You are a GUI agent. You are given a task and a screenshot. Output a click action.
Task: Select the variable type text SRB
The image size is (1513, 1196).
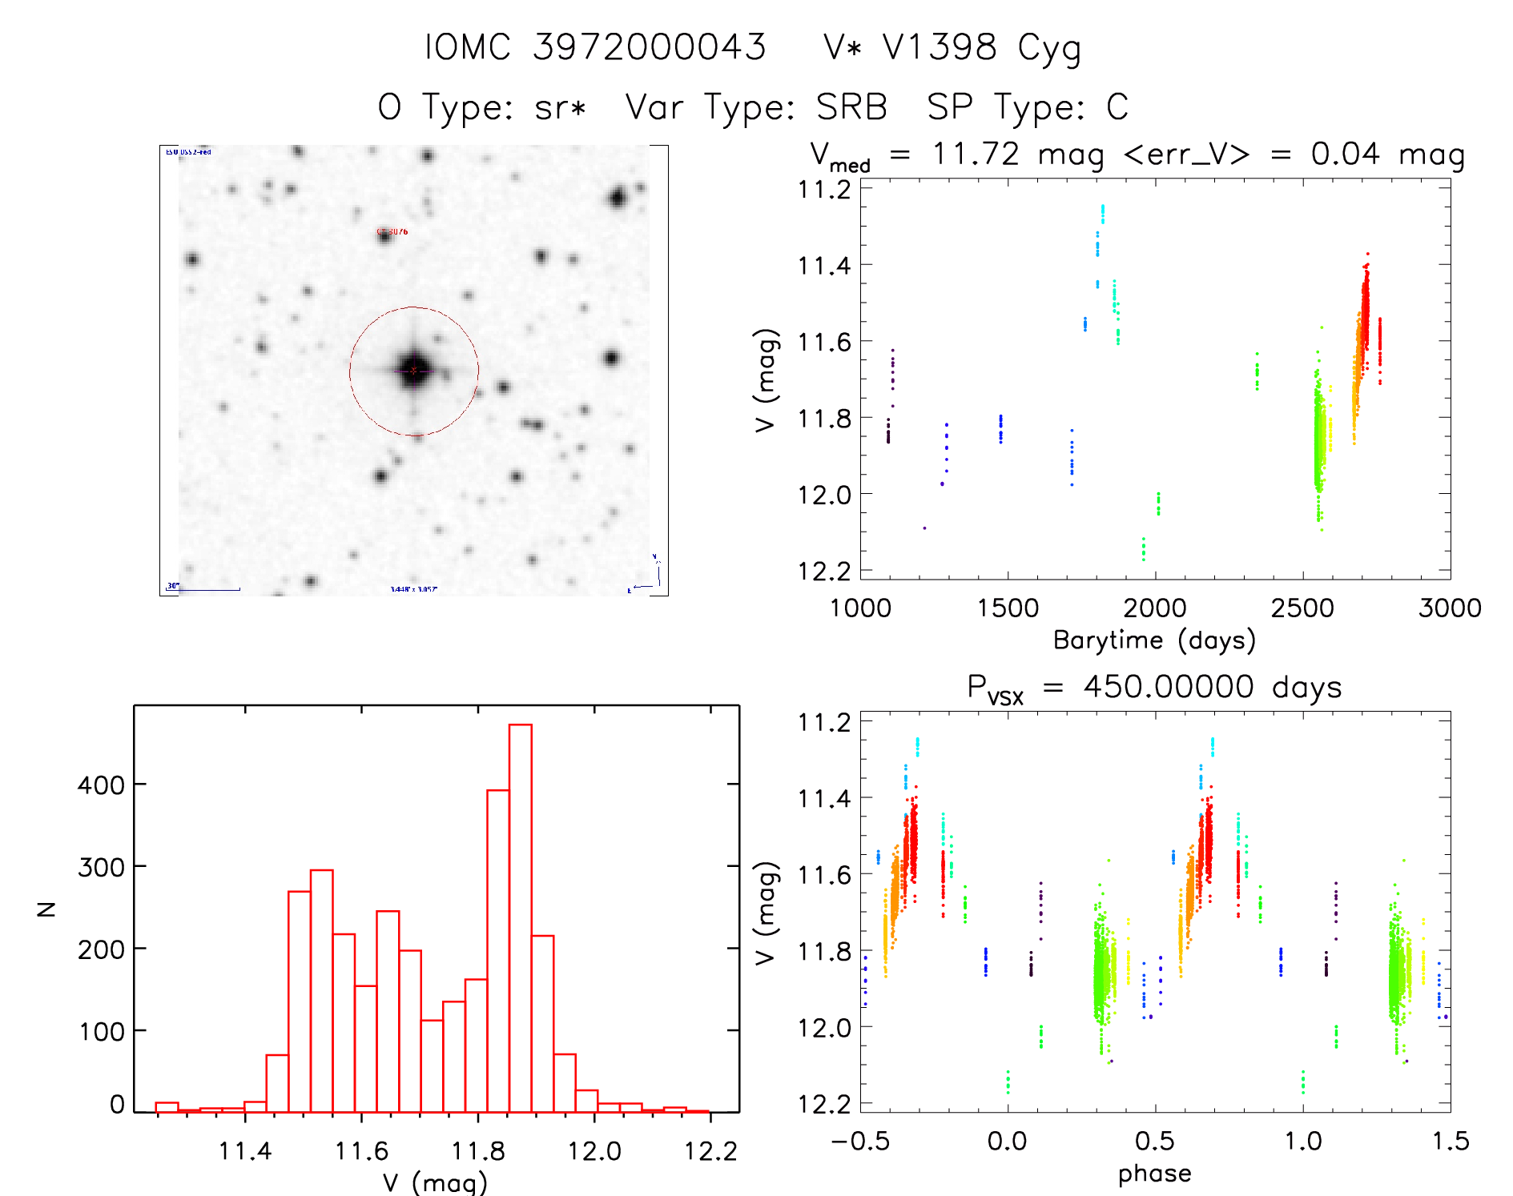[851, 106]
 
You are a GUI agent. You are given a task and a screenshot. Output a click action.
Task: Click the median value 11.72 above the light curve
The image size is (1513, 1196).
[976, 154]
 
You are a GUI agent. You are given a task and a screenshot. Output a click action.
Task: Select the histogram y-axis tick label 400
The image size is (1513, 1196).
[100, 785]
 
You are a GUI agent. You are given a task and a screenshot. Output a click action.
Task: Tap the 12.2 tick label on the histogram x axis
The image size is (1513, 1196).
[710, 1151]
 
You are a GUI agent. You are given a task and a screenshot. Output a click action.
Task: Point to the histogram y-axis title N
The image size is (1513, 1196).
[46, 909]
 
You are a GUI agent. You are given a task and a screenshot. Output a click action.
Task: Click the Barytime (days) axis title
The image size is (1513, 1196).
[1154, 640]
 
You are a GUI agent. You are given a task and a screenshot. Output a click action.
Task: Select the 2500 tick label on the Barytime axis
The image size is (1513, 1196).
[1302, 608]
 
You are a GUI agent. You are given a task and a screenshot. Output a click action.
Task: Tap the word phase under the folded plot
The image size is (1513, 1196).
[1154, 1174]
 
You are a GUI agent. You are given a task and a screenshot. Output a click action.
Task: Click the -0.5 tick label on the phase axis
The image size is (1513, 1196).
[860, 1141]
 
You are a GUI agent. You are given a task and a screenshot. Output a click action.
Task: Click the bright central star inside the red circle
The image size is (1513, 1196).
[414, 370]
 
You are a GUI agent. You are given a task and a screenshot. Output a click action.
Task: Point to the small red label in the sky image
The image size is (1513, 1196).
[392, 232]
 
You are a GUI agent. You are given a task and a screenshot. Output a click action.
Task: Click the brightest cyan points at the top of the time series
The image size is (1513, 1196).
[1103, 213]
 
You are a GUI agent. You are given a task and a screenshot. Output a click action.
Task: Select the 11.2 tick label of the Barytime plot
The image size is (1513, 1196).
[824, 190]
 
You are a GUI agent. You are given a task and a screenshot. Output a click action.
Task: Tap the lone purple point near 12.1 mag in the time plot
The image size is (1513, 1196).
[924, 528]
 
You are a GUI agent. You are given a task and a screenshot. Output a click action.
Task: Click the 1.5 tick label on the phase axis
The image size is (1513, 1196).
[1450, 1141]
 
